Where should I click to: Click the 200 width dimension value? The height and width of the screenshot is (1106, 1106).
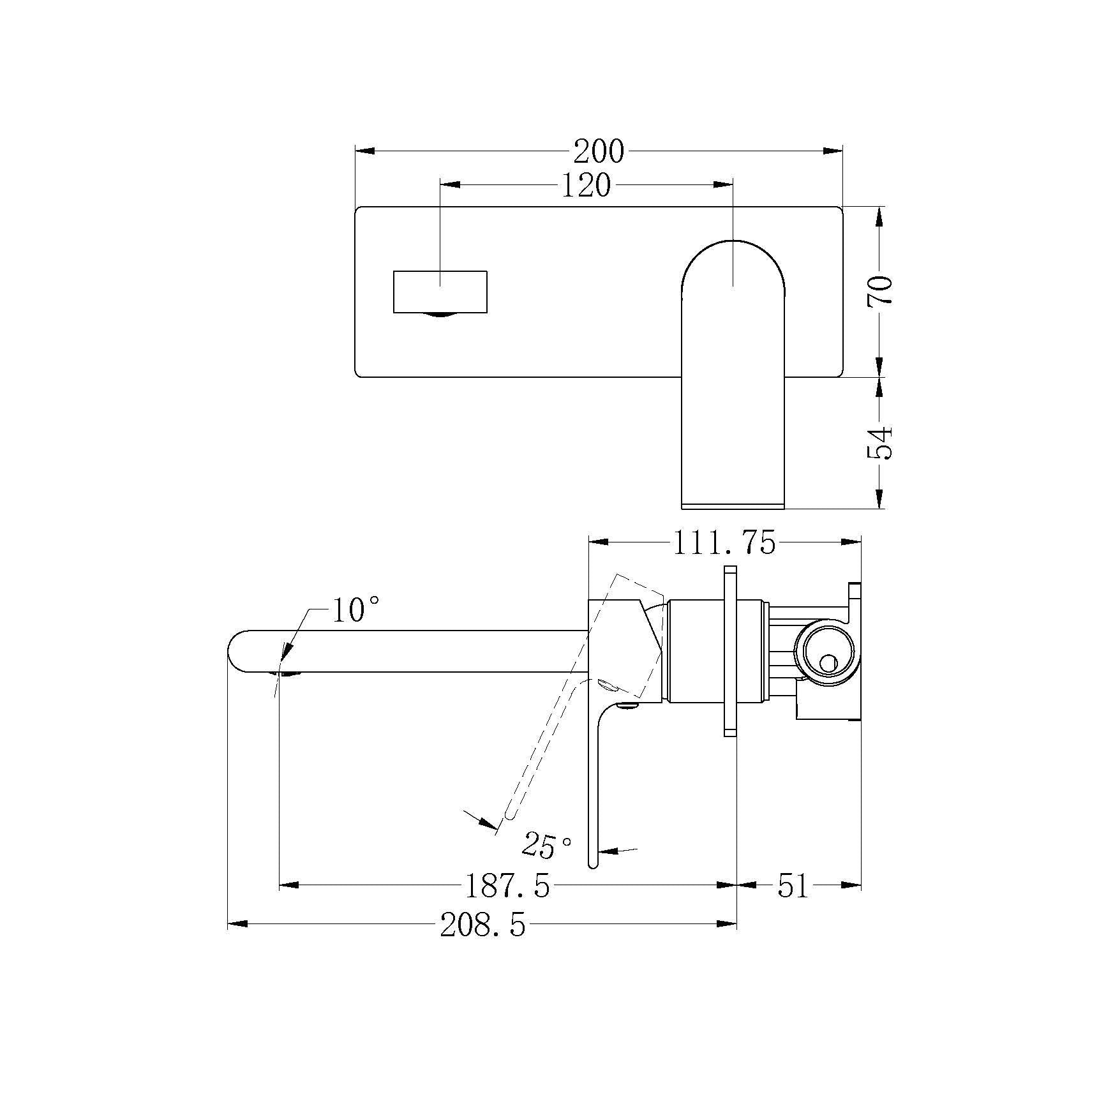pos(598,151)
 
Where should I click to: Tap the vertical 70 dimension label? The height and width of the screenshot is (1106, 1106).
pos(880,291)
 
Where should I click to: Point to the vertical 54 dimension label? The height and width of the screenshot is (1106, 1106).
pos(880,442)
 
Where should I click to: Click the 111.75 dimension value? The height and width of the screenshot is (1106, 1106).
pos(724,542)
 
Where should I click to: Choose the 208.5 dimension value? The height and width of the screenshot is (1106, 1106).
pos(483,925)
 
